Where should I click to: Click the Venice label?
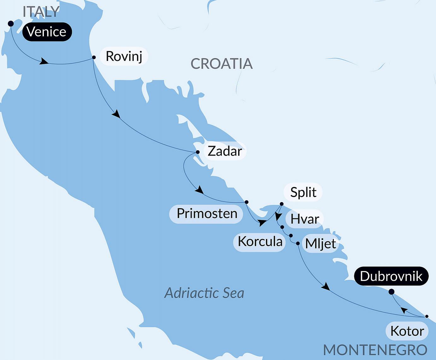point(47,32)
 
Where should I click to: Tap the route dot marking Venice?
point(11,24)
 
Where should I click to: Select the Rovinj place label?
point(124,57)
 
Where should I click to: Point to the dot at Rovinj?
point(94,57)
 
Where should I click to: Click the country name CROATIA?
point(221,64)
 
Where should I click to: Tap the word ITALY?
point(41,12)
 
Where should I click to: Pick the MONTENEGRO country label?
point(375,350)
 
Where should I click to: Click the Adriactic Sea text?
point(204,293)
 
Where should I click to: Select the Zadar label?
point(225,151)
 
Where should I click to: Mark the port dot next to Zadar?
point(198,152)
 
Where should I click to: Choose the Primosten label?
point(207,214)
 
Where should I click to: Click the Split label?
point(303,192)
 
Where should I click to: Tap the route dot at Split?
point(282,204)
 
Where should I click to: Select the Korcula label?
point(260,242)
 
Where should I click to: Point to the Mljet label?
point(321,244)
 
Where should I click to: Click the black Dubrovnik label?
point(391,276)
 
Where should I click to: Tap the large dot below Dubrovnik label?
point(391,292)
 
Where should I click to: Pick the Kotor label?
point(407,331)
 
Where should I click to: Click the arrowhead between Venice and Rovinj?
point(44,61)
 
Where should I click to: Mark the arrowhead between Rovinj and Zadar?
point(116,114)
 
